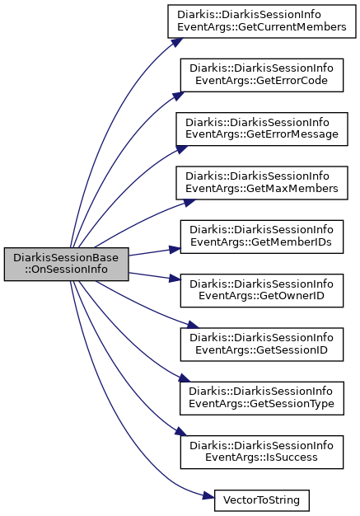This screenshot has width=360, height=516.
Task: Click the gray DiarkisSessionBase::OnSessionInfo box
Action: (x=66, y=264)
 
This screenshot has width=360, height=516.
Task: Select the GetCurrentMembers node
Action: (x=262, y=21)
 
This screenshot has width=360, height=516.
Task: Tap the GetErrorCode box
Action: (x=262, y=75)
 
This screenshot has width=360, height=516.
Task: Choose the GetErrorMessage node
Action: (x=262, y=129)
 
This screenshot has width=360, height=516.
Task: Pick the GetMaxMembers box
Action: (x=262, y=183)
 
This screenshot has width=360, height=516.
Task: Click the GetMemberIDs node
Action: (x=262, y=237)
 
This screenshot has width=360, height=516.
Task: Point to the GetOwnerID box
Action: (x=262, y=290)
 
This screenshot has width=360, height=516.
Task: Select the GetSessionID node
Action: (x=262, y=345)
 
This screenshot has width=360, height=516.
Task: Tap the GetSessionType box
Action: (x=262, y=398)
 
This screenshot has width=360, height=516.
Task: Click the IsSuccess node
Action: (x=262, y=452)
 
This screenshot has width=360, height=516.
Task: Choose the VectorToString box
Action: (x=262, y=500)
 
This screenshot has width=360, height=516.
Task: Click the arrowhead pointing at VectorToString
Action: (x=208, y=496)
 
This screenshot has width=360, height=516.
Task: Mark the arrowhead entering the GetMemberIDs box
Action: (x=175, y=250)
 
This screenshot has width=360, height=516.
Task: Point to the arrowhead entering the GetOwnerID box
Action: (x=175, y=279)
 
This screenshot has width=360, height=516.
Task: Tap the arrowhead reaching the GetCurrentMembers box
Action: (x=176, y=43)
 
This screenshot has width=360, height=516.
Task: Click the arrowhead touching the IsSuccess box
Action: (x=180, y=432)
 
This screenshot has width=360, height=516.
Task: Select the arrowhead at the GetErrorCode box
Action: (x=179, y=96)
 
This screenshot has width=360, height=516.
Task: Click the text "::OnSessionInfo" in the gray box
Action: (x=66, y=270)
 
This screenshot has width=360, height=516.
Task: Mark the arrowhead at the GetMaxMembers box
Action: (x=189, y=203)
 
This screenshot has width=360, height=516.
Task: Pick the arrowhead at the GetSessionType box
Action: (x=185, y=378)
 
